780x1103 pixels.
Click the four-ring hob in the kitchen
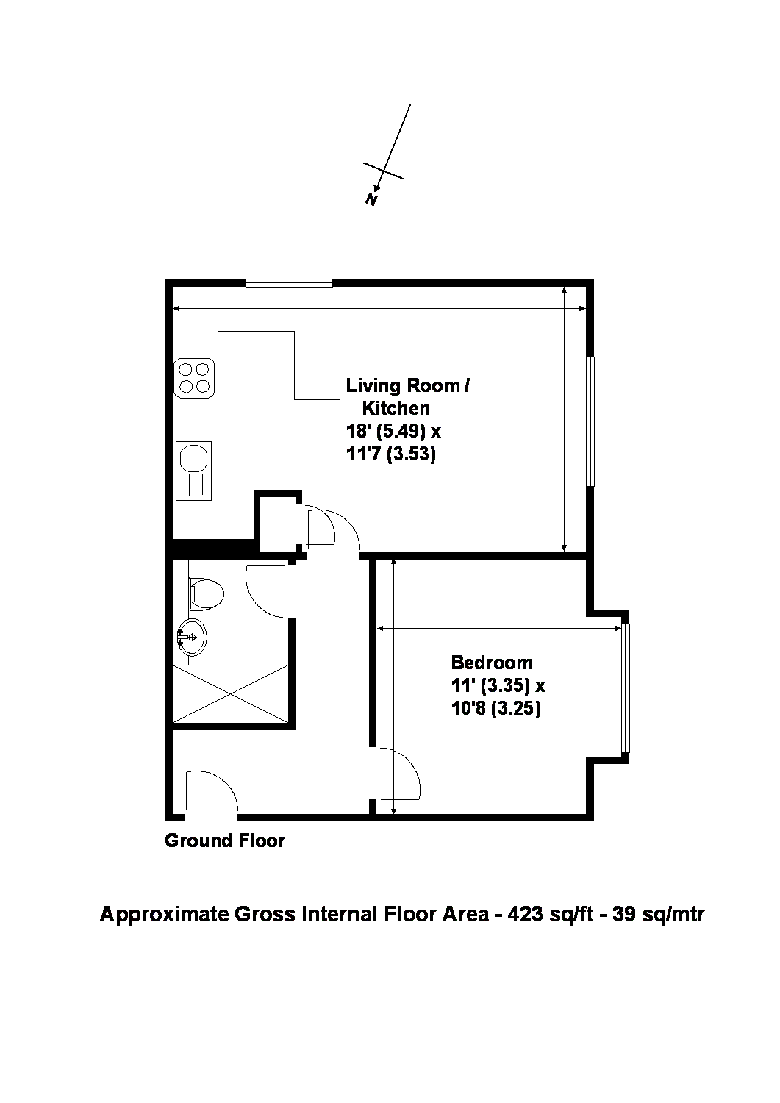coord(194,378)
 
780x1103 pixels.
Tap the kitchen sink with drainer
coord(194,471)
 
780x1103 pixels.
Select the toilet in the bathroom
coord(206,594)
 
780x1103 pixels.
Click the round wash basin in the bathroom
coord(192,637)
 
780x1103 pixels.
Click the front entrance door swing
coord(211,794)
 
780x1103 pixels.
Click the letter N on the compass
coord(372,199)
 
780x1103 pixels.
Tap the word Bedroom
coord(492,662)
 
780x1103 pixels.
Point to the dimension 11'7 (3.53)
coord(390,454)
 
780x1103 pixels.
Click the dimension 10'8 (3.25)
coord(496,709)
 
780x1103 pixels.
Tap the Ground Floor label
coord(224,840)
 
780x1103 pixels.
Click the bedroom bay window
coord(626,688)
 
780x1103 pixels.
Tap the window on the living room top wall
coord(289,282)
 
